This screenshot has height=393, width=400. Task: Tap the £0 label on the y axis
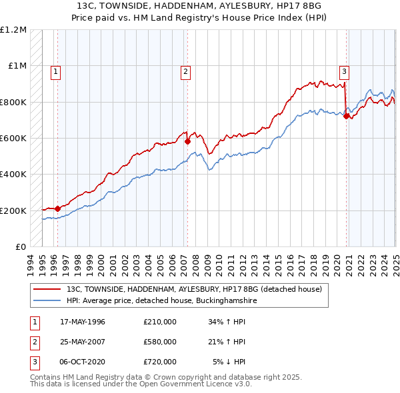pyautogui.click(x=21, y=246)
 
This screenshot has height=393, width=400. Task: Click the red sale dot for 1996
pyautogui.click(x=58, y=208)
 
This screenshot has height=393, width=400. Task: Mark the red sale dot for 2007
pyautogui.click(x=188, y=141)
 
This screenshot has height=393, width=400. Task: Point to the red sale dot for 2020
pyautogui.click(x=347, y=116)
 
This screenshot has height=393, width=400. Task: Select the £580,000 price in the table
pyautogui.click(x=160, y=342)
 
